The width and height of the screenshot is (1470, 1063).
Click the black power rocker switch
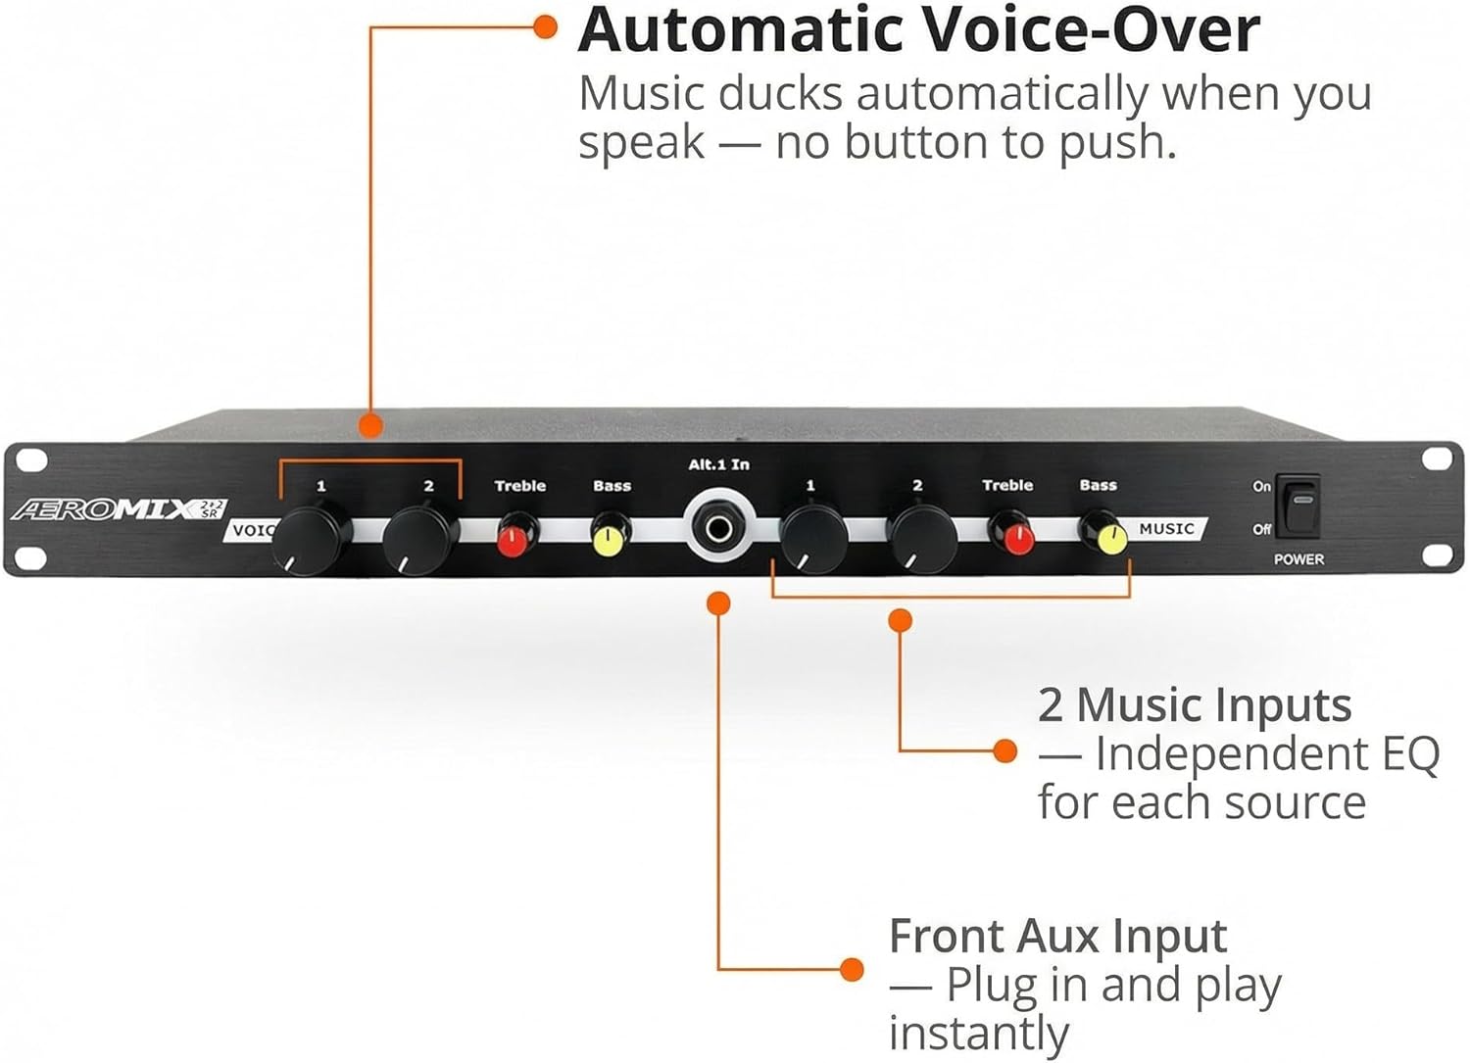(x=1298, y=506)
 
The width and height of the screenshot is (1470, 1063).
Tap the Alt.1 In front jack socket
(x=718, y=530)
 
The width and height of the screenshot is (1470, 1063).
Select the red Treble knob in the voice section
(x=515, y=538)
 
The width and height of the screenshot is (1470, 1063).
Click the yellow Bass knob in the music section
(x=1109, y=536)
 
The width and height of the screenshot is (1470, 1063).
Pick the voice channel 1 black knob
(x=312, y=538)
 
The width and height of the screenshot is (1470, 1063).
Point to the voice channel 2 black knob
(x=418, y=538)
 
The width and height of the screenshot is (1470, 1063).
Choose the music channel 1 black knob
(x=813, y=538)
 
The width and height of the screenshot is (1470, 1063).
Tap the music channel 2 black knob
(x=921, y=538)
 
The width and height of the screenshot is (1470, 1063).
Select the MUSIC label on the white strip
(x=1166, y=529)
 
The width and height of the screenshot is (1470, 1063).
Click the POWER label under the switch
(x=1298, y=559)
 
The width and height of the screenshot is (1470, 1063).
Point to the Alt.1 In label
(x=718, y=464)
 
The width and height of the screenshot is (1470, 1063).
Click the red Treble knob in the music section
(x=1015, y=537)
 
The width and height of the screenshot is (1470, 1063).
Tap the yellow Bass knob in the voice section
(x=609, y=538)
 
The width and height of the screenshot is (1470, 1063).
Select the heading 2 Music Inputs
(x=1195, y=704)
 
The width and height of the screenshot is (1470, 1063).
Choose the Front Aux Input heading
(x=1057, y=936)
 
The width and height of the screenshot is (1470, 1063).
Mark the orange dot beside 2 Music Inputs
(x=1004, y=751)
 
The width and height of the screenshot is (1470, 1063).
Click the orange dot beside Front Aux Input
(x=852, y=970)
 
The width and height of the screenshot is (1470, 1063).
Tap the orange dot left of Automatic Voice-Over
(x=546, y=26)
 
